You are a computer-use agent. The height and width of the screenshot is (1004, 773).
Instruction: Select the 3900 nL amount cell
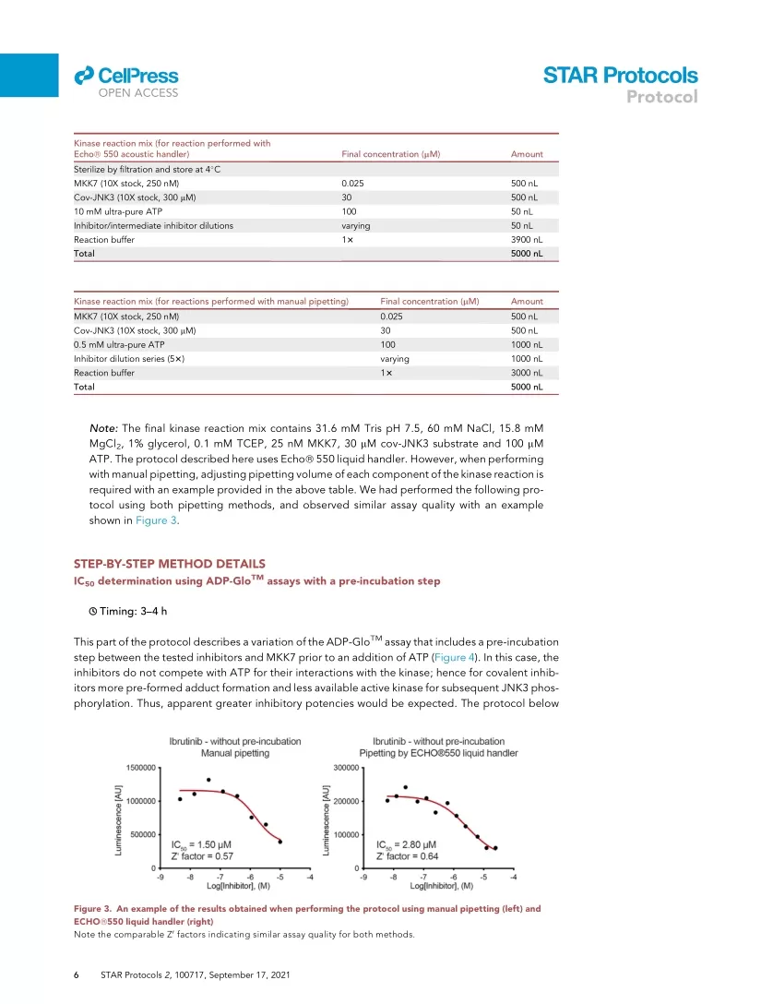point(527,240)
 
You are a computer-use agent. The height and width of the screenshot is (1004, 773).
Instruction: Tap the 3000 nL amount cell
point(527,373)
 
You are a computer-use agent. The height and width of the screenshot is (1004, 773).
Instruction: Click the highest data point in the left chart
point(208,780)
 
